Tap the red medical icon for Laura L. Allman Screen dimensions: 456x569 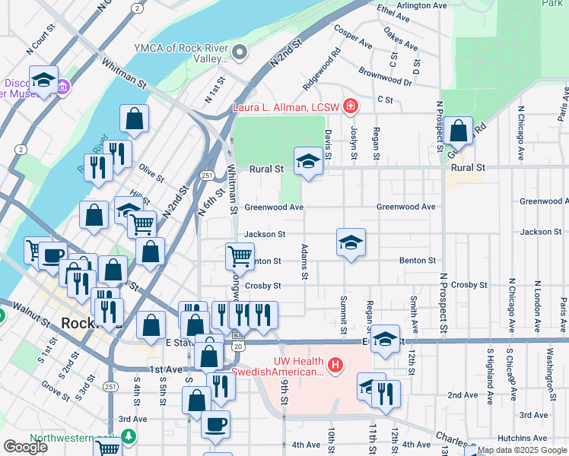pos(351,106)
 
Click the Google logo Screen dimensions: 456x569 pos(25,447)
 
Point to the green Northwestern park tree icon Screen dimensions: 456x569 pos(129,437)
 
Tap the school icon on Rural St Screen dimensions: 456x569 pos(308,161)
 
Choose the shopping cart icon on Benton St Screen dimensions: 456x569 pos(240,255)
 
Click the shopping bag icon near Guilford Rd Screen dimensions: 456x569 pos(459,131)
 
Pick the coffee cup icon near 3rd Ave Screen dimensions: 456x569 pos(215,423)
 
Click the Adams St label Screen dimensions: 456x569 pos(304,262)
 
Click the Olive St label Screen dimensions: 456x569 pos(151,173)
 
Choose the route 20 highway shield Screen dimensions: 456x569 pos(239,346)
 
